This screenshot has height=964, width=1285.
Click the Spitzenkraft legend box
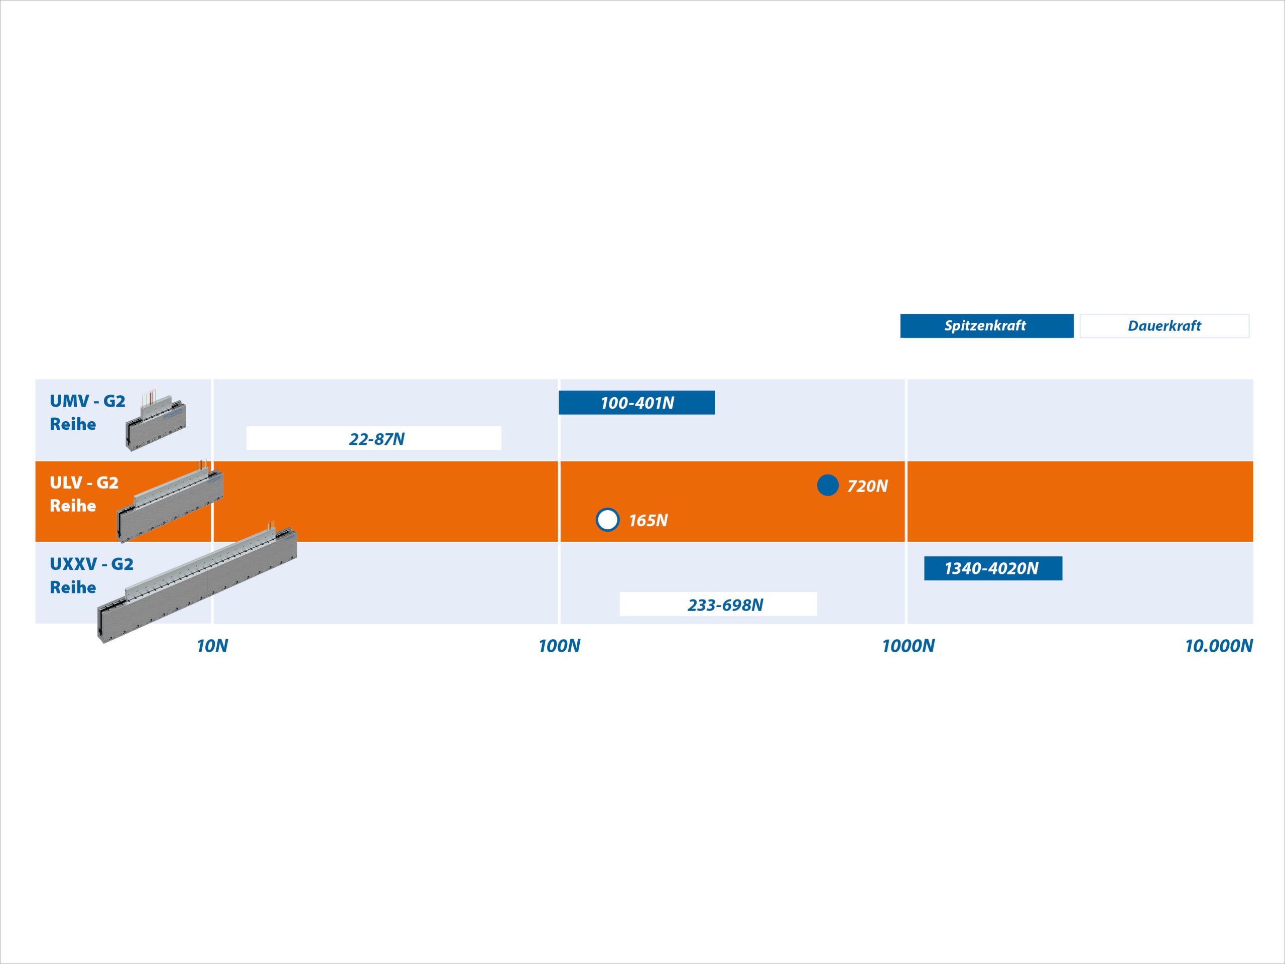click(986, 325)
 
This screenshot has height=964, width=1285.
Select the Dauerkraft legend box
click(1164, 325)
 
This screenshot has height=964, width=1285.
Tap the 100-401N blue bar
click(636, 402)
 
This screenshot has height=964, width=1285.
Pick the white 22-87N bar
click(373, 438)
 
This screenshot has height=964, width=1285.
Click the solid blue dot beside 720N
click(828, 485)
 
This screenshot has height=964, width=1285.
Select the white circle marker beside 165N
click(608, 520)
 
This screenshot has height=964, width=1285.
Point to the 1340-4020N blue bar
click(993, 568)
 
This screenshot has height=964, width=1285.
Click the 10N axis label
click(213, 646)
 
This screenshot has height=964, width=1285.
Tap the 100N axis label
click(560, 646)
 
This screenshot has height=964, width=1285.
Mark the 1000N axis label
click(909, 646)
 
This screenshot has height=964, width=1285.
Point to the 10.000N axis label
click(1219, 646)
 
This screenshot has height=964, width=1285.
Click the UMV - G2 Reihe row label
click(87, 413)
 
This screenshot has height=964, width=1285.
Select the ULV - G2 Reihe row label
click(84, 494)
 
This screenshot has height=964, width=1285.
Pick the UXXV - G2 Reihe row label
click(91, 575)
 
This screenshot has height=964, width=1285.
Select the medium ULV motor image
click(170, 502)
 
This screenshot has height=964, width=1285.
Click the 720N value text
click(867, 486)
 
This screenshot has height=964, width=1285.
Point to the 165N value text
click(649, 520)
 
